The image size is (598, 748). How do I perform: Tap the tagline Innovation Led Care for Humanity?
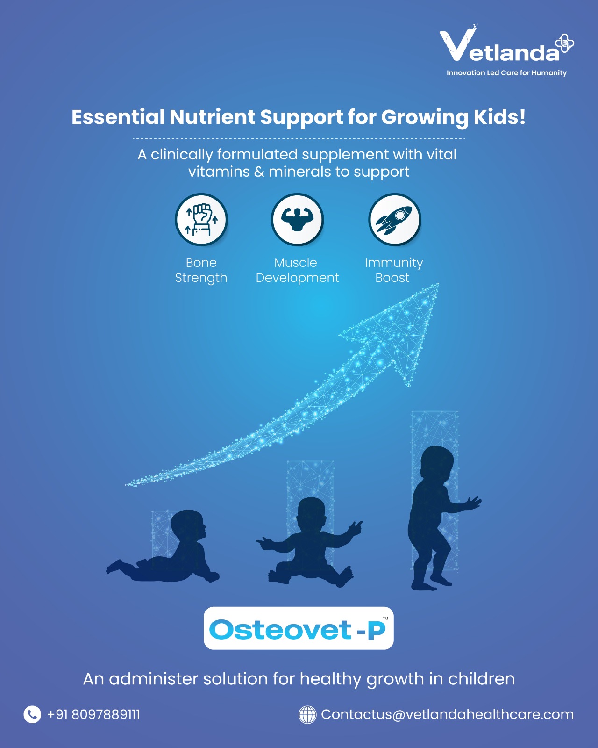(x=506, y=73)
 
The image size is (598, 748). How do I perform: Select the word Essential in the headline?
(x=118, y=117)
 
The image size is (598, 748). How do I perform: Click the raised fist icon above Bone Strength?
(x=201, y=219)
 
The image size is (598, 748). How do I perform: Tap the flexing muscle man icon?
(x=298, y=219)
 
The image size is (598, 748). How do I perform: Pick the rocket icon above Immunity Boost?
(x=394, y=219)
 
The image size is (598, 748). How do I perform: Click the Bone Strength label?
(x=201, y=270)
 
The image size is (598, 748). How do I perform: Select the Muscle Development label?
(x=297, y=270)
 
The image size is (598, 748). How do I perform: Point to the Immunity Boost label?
(x=394, y=270)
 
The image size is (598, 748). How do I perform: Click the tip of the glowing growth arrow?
(x=438, y=284)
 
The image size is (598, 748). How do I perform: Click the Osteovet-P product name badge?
(x=299, y=628)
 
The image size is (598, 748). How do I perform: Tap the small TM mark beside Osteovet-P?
(x=385, y=619)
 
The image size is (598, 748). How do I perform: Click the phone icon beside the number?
(x=32, y=715)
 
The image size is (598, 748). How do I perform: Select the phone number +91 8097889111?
(x=93, y=715)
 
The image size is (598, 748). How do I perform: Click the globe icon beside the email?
(x=307, y=715)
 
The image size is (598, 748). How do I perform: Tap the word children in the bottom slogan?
(x=481, y=679)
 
